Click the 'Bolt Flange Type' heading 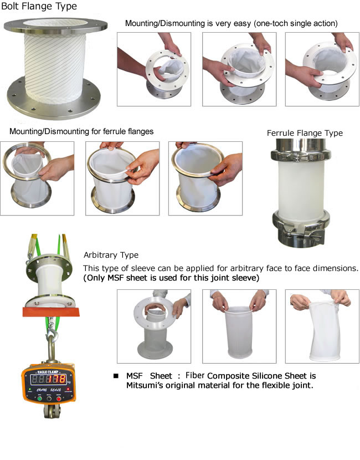[39, 6]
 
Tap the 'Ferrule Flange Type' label [305, 133]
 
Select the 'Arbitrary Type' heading [111, 255]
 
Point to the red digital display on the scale [48, 380]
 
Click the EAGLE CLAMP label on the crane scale [48, 372]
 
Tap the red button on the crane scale [59, 398]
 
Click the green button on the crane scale [39, 398]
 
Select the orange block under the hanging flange [51, 311]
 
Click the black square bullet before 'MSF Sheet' [116, 376]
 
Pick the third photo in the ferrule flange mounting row [205, 178]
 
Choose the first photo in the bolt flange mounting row [154, 69]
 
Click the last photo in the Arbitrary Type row [322, 326]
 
